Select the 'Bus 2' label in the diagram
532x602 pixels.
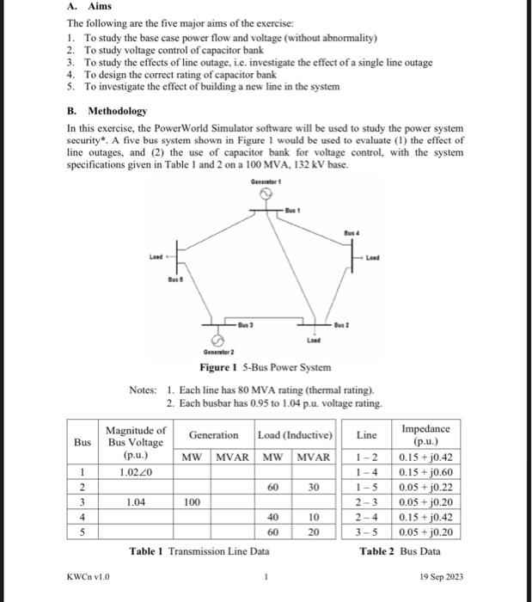341,323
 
